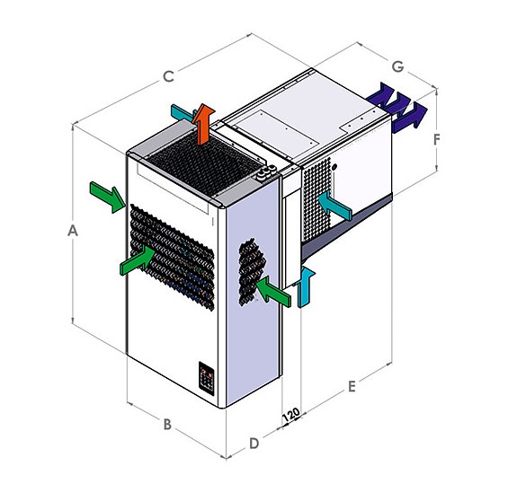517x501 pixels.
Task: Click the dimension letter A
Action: click(x=73, y=231)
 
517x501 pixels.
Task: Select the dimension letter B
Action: click(x=167, y=424)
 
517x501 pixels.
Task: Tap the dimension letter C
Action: click(x=168, y=76)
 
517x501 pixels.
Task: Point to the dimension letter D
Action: click(x=254, y=444)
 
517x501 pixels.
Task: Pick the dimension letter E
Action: click(x=352, y=386)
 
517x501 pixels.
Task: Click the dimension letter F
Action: click(x=437, y=140)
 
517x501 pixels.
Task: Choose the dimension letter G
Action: click(x=398, y=66)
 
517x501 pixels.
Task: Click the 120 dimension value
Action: click(x=290, y=415)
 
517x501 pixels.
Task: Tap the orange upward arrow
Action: click(x=203, y=125)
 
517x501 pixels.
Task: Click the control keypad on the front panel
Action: click(x=207, y=379)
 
